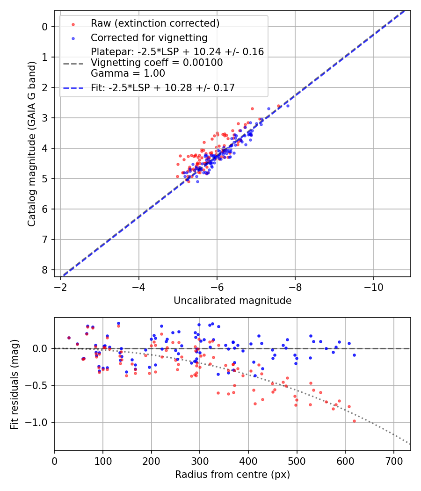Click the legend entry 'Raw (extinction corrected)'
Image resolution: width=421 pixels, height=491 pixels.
155,23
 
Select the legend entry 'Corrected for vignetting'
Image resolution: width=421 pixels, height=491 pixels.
149,37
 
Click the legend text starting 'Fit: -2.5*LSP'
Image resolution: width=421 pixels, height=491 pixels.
163,87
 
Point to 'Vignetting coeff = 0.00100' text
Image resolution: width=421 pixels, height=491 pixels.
157,63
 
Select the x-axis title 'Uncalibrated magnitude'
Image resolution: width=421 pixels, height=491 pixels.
232,301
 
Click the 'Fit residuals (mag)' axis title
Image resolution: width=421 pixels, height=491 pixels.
15,384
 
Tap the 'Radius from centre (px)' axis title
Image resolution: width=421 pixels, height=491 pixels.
232,475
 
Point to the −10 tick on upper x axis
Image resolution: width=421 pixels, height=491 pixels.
373,286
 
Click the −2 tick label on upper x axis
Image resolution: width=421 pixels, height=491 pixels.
61,286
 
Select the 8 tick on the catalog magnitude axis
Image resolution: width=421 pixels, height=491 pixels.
45,270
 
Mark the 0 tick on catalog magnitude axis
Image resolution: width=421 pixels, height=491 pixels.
45,27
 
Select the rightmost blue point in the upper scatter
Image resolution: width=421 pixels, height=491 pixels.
288,106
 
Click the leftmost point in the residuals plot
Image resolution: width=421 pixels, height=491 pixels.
69,338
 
